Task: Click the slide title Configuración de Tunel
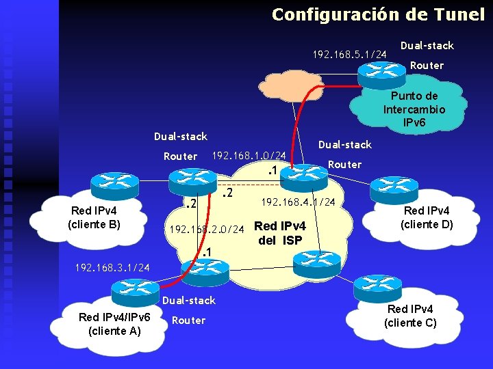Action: [x=378, y=14]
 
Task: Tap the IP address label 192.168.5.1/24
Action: [x=350, y=53]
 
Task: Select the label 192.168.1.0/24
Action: [x=249, y=156]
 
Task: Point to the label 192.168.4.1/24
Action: [x=298, y=202]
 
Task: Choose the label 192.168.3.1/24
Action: [x=103, y=266]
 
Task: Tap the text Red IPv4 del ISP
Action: [x=279, y=233]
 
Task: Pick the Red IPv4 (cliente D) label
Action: [x=427, y=217]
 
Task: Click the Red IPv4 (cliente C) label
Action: [x=410, y=316]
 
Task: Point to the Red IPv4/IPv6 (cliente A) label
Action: [x=114, y=323]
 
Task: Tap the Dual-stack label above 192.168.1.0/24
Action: [x=180, y=137]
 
